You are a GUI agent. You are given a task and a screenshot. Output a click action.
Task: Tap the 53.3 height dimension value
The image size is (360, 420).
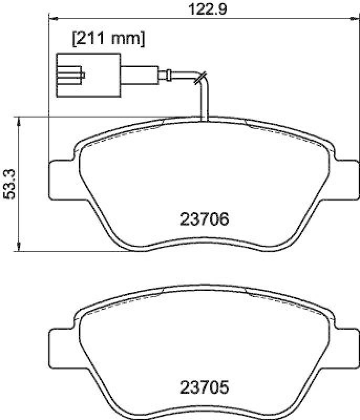(x=8, y=184)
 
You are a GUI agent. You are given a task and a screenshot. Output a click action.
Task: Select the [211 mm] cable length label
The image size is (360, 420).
(x=108, y=38)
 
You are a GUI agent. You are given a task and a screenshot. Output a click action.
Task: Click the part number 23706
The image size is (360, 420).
(x=205, y=219)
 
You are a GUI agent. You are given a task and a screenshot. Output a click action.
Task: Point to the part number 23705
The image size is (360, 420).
(x=205, y=388)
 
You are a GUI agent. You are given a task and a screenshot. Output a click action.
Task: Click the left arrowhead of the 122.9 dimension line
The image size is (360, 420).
(x=51, y=19)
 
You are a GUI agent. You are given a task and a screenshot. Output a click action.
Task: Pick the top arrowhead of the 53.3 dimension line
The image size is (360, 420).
(x=19, y=120)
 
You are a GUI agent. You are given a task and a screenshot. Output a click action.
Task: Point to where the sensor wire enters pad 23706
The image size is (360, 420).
(x=205, y=119)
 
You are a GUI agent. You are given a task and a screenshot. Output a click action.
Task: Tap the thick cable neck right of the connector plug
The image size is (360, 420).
(x=139, y=73)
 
